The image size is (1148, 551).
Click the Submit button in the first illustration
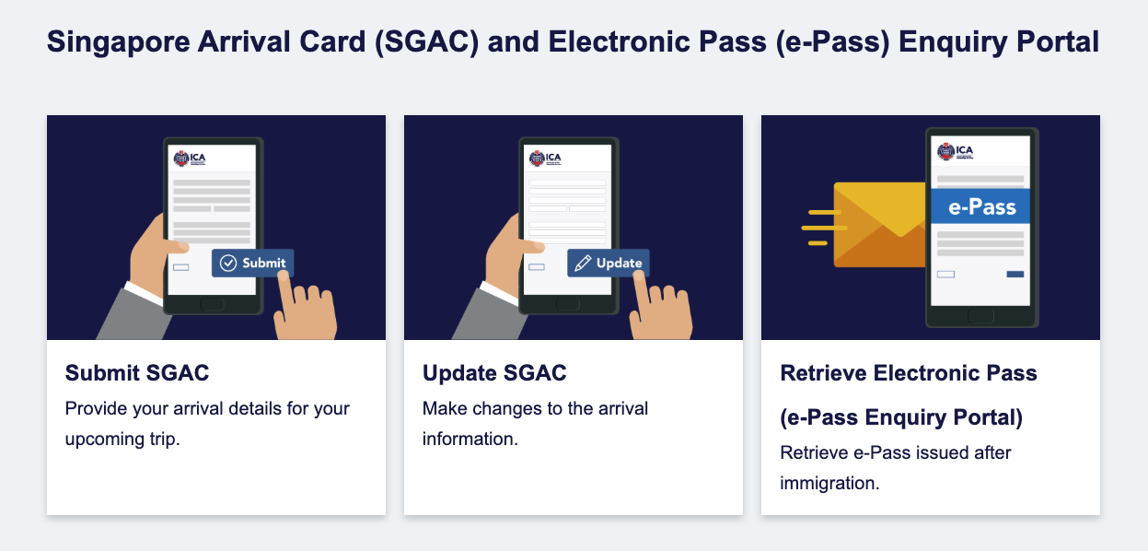[x=252, y=264]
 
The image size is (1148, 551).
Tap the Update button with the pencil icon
[x=609, y=264]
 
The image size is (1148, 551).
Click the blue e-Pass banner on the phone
[x=980, y=206]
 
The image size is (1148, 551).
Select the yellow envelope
[x=879, y=225]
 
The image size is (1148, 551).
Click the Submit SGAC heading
[x=137, y=373]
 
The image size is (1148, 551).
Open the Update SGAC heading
[x=494, y=373]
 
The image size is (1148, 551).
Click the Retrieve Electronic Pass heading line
[x=909, y=373]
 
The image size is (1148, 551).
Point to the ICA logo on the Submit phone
[x=190, y=158]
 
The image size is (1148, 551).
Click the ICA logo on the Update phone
[x=545, y=158]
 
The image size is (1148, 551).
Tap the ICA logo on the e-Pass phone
[x=955, y=152]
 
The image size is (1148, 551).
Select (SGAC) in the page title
[x=426, y=42]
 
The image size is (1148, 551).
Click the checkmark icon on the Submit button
[x=228, y=264]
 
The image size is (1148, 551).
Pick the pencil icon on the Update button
[x=583, y=264]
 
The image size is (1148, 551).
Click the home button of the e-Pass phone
[x=980, y=316]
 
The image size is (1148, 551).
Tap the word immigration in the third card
[x=829, y=484]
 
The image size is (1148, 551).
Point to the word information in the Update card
[x=470, y=440]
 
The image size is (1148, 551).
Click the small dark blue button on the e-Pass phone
[x=1015, y=274]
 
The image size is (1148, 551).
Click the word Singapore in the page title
[x=119, y=42]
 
